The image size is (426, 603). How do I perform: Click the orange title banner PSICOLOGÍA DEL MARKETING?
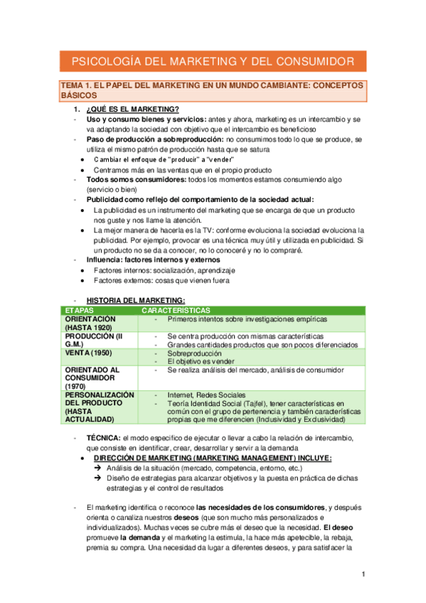[x=213, y=62]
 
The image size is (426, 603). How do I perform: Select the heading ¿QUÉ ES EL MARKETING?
[x=132, y=109]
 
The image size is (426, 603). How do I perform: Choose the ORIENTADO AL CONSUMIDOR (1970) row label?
[x=92, y=378]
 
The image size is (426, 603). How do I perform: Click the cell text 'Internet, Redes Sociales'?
[x=206, y=395]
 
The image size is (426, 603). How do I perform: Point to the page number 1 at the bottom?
[x=363, y=574]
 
